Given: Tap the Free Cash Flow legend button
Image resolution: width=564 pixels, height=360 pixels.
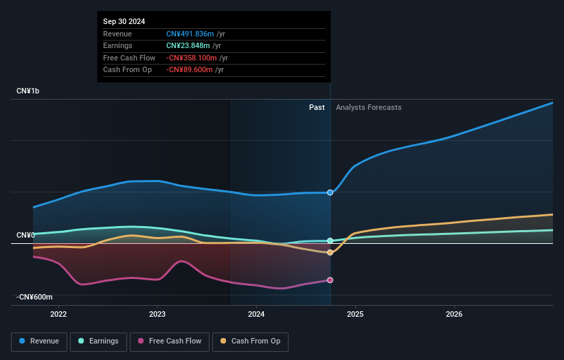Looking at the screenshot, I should (169, 341).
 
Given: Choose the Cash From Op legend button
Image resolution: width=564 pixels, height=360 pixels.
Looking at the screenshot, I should (251, 341).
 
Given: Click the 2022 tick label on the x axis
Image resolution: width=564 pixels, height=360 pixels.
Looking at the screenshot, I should (58, 315).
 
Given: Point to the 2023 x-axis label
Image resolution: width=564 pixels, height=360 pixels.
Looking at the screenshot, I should (157, 315).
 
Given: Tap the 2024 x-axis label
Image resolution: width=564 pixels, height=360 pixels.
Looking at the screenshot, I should (256, 315).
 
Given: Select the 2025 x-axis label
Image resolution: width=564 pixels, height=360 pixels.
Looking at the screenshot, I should (355, 315).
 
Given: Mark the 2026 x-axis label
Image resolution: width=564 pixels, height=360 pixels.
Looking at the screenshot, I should (454, 315).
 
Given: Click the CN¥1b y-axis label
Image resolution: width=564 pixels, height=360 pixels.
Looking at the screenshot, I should (28, 91).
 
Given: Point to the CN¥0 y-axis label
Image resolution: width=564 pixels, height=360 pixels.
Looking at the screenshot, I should (25, 236).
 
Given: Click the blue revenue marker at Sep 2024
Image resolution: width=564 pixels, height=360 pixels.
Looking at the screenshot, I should (330, 192).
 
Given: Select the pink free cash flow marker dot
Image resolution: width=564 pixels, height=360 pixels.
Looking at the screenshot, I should (330, 280).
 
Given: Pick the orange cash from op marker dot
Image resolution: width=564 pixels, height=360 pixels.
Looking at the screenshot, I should (330, 253).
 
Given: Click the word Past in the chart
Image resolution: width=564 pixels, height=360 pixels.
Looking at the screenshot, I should (317, 107).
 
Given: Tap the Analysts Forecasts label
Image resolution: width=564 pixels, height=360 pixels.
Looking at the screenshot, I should (369, 107).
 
